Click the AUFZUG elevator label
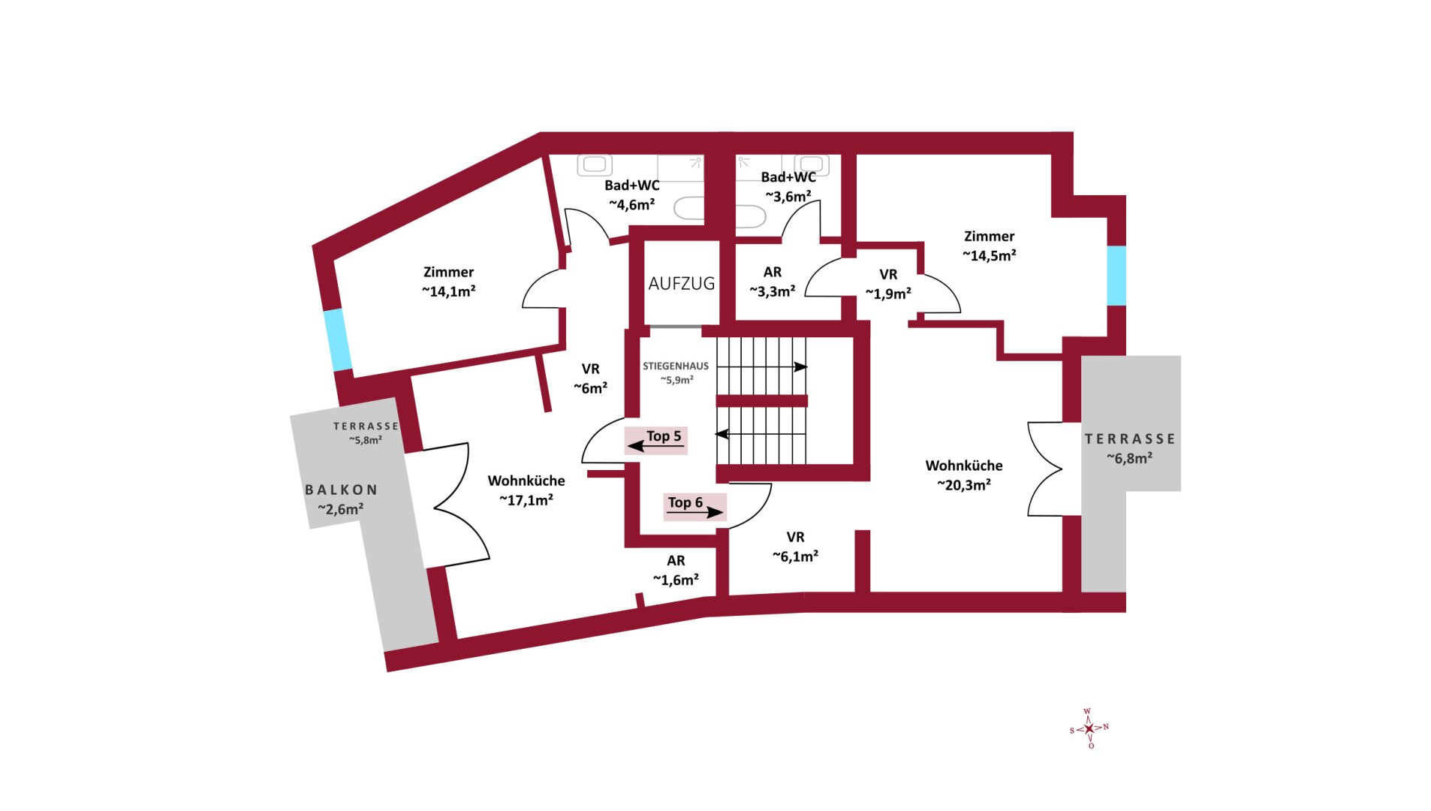(x=681, y=284)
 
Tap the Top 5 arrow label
(x=655, y=440)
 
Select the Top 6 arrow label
(x=694, y=507)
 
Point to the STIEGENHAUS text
(x=675, y=366)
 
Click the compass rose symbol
(x=1089, y=728)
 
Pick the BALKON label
(x=341, y=490)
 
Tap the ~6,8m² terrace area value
(x=1129, y=458)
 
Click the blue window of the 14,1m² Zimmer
(x=337, y=339)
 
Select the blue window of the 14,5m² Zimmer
(x=1116, y=276)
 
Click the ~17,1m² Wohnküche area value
(x=526, y=500)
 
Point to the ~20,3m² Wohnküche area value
(x=963, y=485)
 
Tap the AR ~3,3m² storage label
(x=772, y=282)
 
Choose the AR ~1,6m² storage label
(x=675, y=570)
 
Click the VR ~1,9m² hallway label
(x=888, y=284)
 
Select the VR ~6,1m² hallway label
(x=795, y=547)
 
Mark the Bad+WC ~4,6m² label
(x=631, y=194)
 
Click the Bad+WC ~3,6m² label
(x=788, y=186)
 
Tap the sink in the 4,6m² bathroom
(x=595, y=164)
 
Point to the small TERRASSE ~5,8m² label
(x=366, y=433)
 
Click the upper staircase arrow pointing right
(x=762, y=366)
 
